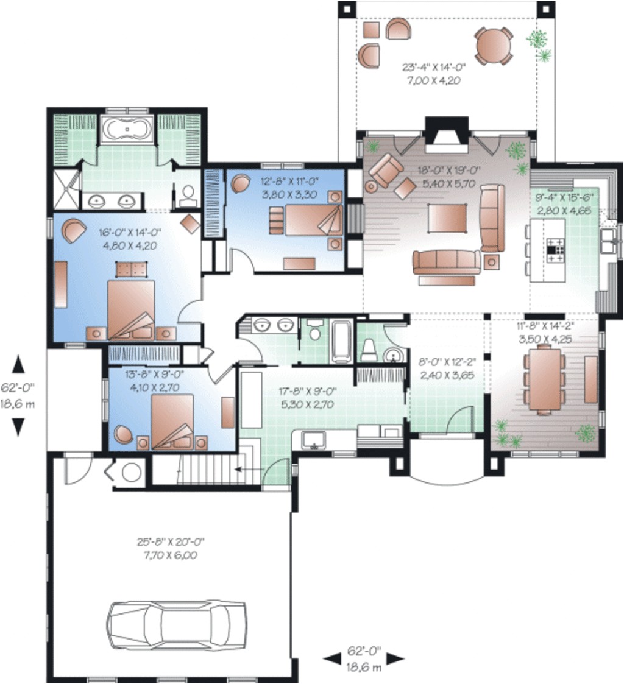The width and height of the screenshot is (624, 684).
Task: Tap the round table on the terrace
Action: (x=494, y=46)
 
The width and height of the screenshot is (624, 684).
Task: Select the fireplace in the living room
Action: (x=447, y=135)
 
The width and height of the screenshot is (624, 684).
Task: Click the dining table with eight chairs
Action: (x=544, y=379)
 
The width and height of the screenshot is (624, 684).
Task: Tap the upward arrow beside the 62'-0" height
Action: (x=18, y=364)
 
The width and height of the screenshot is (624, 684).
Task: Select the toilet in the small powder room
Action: (x=370, y=349)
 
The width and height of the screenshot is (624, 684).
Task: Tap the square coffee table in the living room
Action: (x=447, y=218)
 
